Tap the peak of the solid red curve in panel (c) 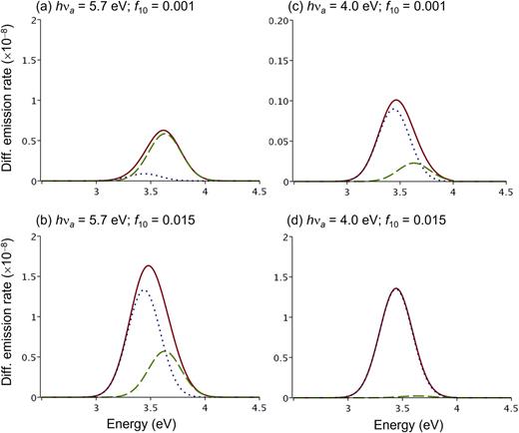pos(397,100)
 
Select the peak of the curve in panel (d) pos(397,288)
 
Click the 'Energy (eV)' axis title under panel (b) pos(149,424)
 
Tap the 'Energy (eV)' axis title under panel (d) pos(399,424)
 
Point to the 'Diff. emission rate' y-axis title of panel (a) pos(9,100)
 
